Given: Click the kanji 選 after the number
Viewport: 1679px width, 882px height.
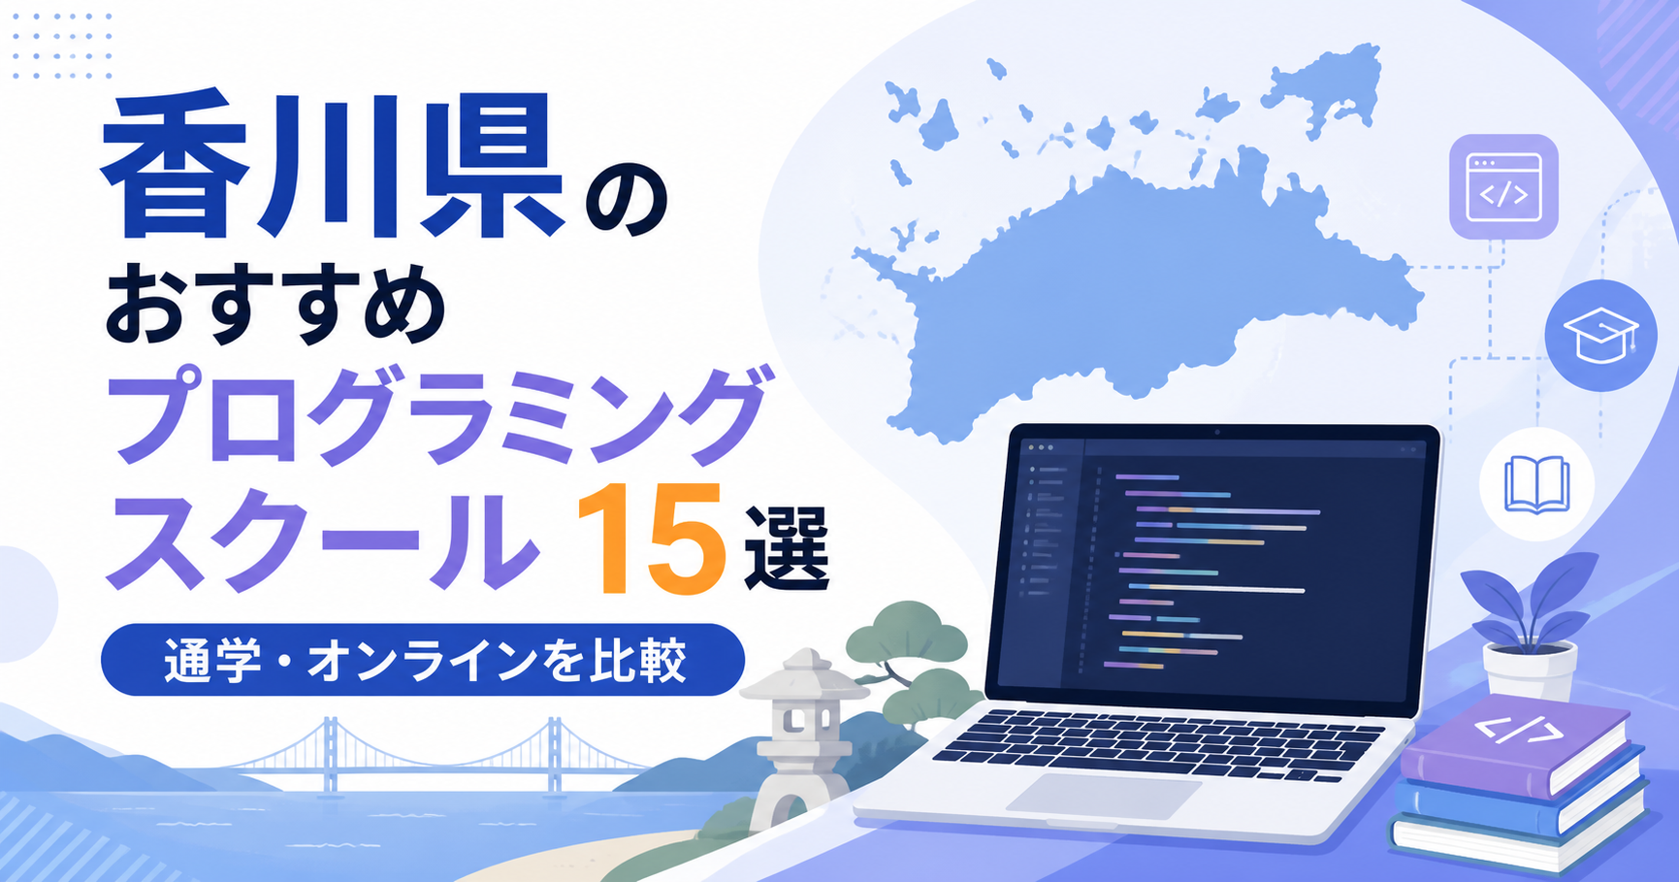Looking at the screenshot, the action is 787,546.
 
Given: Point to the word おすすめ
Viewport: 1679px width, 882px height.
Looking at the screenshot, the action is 275,306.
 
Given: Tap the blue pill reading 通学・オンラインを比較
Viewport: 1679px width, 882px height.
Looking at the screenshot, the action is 423,660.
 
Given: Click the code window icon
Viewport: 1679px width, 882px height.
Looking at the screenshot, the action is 1503,187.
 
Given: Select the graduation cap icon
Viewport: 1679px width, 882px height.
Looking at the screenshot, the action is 1600,335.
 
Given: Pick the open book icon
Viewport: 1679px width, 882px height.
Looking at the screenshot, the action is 1536,484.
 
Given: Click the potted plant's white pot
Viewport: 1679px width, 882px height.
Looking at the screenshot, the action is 1530,670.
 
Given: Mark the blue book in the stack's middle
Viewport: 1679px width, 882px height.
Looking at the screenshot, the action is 1523,796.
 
